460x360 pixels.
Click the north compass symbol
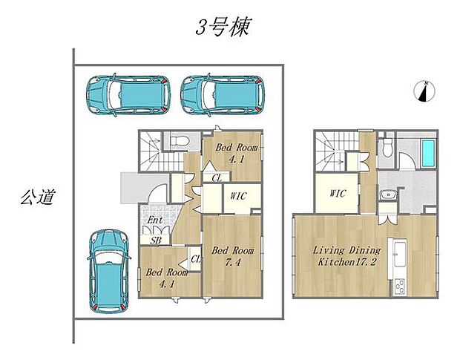[x=424, y=91]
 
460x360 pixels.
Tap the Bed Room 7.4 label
[x=233, y=255]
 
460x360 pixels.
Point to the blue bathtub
[x=430, y=153]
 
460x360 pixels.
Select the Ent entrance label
[x=154, y=220]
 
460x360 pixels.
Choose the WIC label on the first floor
[x=238, y=196]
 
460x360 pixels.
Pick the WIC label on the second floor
[x=338, y=194]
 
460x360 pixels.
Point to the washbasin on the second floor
[x=386, y=195]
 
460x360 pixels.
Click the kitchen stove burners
[x=401, y=285]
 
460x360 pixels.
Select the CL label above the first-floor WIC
[x=217, y=177]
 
